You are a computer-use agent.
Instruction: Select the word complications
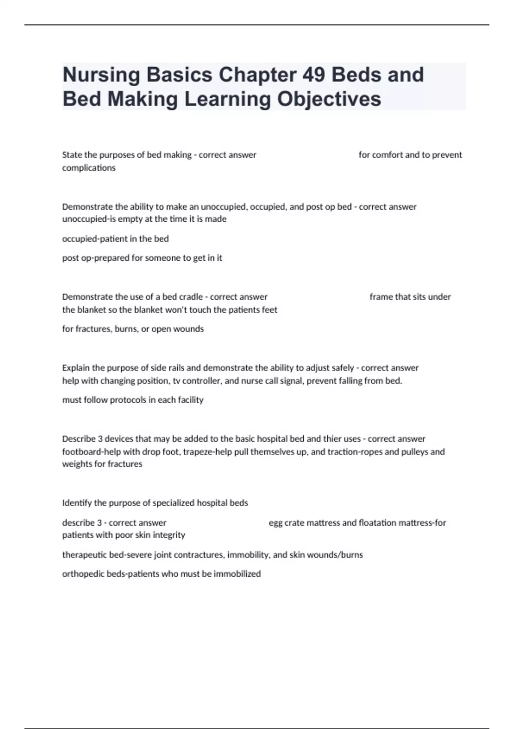[89, 168]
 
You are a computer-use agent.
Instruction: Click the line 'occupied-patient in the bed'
[115, 238]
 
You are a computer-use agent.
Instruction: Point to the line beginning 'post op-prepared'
[142, 258]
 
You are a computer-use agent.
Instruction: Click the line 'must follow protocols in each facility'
[133, 400]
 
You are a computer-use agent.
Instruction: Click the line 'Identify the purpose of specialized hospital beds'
[155, 503]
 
